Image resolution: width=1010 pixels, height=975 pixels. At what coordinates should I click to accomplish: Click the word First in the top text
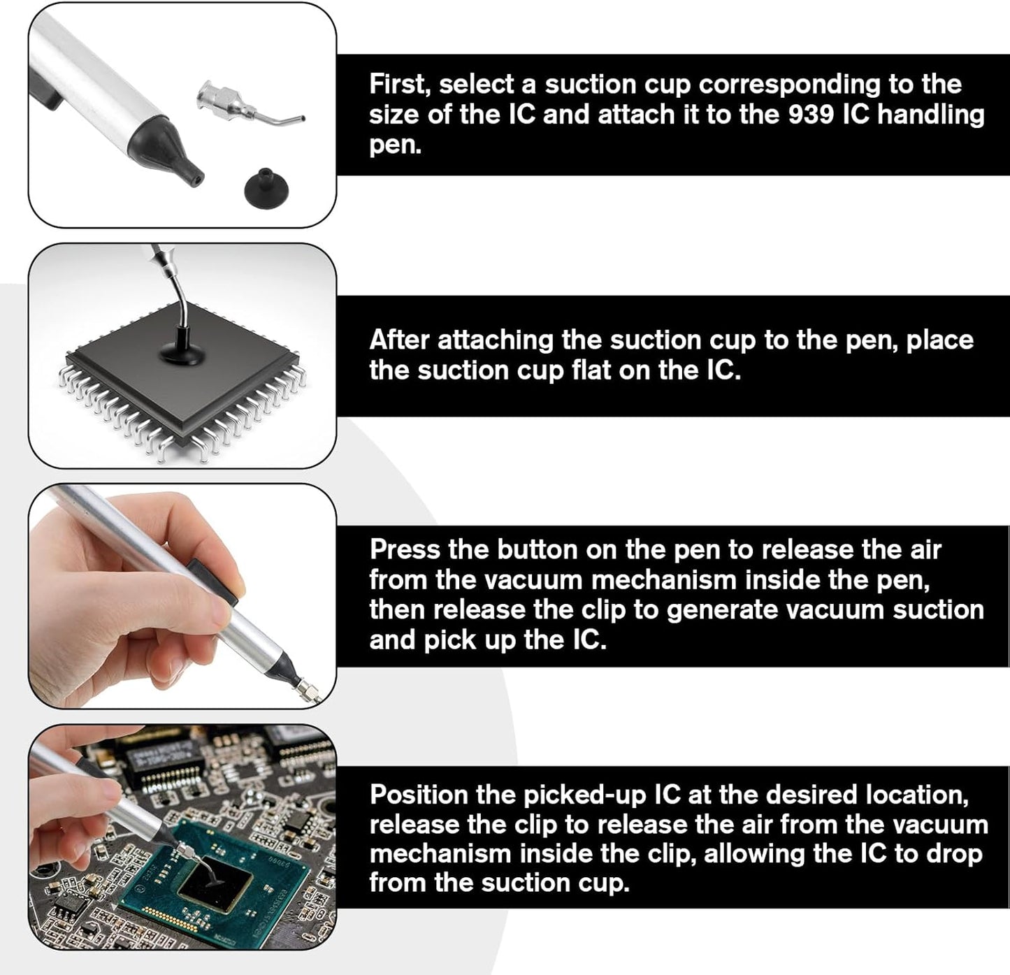coord(400,84)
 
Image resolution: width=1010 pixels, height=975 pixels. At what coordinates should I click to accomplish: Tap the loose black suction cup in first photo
coord(266,185)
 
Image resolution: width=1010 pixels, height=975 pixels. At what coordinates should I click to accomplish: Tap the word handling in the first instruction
coord(931,115)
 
